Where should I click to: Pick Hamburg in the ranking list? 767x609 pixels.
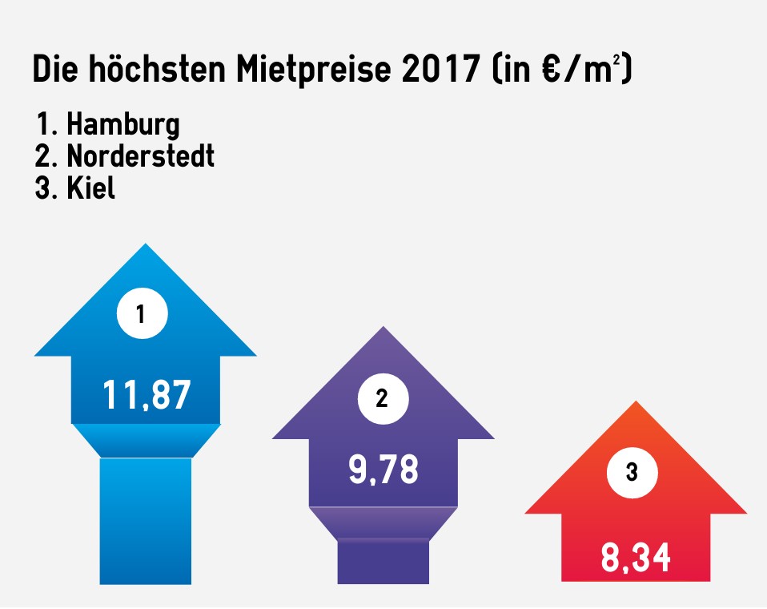[x=122, y=125]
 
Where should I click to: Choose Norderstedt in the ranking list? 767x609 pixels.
[x=140, y=155]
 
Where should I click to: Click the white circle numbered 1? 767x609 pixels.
[x=142, y=314]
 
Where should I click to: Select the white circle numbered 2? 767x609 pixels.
[x=382, y=398]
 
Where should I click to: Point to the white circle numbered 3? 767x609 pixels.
[x=632, y=473]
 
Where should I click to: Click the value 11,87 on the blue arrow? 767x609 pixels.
[x=147, y=395]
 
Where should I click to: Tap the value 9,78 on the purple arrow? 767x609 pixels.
[x=383, y=470]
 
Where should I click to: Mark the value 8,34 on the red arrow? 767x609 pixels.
[x=636, y=558]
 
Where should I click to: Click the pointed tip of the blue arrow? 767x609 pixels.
[x=145, y=248]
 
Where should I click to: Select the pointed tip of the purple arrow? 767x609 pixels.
[x=383, y=330]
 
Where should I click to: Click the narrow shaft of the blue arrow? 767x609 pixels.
[x=145, y=521]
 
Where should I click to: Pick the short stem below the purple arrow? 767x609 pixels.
[x=383, y=561]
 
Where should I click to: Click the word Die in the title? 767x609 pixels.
[x=55, y=71]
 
